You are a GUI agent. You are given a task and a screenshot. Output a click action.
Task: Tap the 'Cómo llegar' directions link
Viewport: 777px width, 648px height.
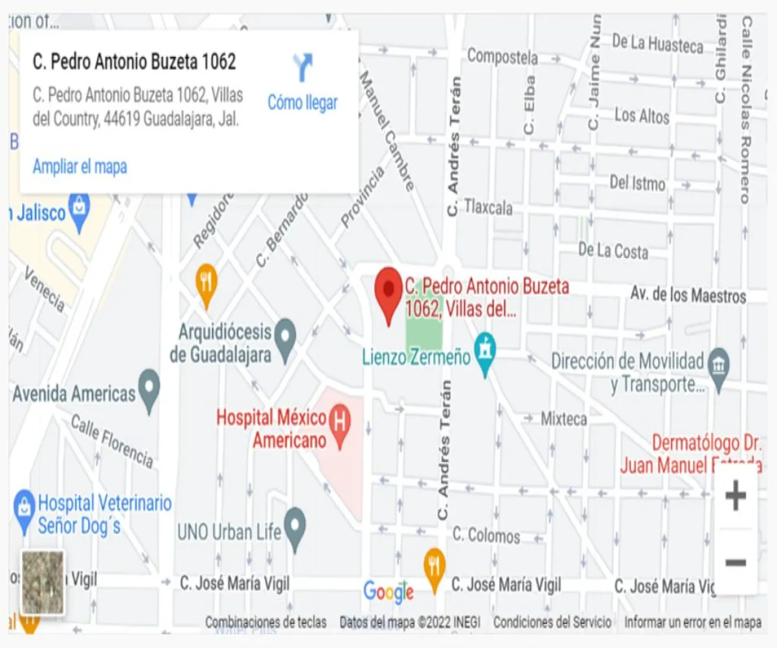[x=302, y=102]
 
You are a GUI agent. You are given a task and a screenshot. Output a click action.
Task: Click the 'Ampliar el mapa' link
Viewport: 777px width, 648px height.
[x=80, y=167]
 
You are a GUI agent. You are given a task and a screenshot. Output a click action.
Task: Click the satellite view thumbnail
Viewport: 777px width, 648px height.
[x=43, y=582]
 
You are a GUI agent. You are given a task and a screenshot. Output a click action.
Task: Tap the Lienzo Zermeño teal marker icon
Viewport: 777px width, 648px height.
[x=484, y=351]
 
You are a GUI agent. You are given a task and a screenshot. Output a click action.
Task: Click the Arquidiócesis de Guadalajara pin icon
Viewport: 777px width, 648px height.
[x=285, y=336]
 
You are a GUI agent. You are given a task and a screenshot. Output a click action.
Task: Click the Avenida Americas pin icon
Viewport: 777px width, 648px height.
[x=150, y=388]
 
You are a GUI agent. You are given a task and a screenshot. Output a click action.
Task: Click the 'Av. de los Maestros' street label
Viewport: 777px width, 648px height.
[x=688, y=296]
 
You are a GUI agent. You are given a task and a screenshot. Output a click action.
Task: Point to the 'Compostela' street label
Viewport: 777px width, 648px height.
[x=502, y=56]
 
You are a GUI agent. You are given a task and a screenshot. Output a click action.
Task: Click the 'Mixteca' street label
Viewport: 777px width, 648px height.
[x=564, y=419]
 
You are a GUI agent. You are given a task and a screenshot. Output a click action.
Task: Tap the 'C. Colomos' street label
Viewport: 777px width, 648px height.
[x=486, y=535]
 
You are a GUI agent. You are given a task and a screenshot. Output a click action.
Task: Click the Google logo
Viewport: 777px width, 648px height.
[x=388, y=591]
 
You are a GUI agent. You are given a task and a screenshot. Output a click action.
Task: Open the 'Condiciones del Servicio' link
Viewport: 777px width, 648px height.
[x=552, y=623]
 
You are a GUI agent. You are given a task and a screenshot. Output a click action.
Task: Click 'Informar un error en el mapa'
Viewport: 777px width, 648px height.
[x=693, y=623]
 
